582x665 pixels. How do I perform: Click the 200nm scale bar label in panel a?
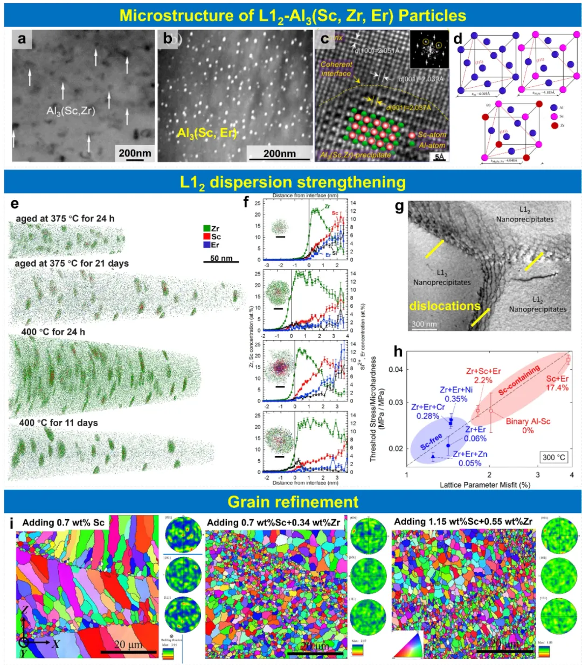pos(135,153)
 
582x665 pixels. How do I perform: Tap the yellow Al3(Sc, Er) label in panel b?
pos(207,133)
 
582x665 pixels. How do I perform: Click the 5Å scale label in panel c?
pos(440,157)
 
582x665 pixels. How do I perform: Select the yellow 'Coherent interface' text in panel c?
pos(336,68)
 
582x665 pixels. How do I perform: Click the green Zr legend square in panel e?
pos(207,228)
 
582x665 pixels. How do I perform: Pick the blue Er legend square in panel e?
pos(207,245)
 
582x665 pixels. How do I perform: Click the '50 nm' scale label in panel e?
pos(221,258)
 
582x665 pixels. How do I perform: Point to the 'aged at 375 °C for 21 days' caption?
pos(72,264)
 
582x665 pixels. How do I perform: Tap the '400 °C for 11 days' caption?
pos(59,422)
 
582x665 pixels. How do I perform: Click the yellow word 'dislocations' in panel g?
pos(445,306)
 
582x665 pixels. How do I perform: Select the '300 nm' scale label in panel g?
pos(425,324)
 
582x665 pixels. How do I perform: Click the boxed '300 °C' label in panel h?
pos(554,457)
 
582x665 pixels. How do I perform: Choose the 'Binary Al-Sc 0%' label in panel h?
pos(528,426)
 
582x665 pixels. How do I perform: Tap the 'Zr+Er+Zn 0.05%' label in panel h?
pos(470,459)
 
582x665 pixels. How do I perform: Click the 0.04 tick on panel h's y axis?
pos(396,369)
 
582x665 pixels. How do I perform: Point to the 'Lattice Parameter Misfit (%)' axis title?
pos(485,484)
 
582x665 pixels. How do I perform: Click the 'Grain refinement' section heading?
pos(293,502)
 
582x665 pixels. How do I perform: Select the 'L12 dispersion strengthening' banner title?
pos(293,182)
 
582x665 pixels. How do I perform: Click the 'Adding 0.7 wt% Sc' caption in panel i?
pos(64,522)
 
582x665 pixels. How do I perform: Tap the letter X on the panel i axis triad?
pos(56,643)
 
